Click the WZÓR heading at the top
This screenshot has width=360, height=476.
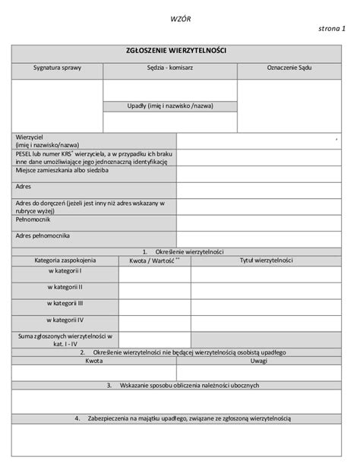tap(180, 17)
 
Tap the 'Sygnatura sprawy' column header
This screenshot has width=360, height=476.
tap(57, 68)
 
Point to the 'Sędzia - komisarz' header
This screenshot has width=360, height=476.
tap(170, 68)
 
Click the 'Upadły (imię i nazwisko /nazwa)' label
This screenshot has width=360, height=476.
tap(170, 106)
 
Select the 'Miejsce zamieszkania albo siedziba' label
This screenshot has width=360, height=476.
tap(62, 171)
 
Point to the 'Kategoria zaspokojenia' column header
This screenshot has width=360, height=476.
tap(65, 260)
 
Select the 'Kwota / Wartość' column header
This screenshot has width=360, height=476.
tap(154, 260)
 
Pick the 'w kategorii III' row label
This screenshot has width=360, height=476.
tap(65, 304)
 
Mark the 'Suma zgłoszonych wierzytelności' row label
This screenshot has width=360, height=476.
tap(65, 339)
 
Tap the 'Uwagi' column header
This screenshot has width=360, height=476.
tap(259, 362)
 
